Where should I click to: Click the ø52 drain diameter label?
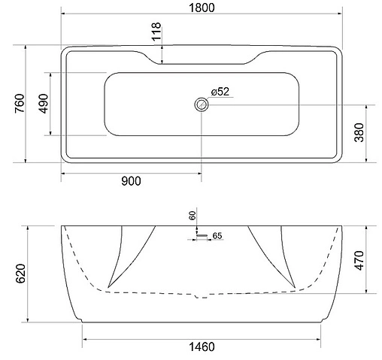pos(220,92)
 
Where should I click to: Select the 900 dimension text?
pos(129,180)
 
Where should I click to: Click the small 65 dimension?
pos(217,236)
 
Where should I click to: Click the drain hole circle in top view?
pos(201,104)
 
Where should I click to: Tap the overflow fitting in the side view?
pos(200,234)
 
